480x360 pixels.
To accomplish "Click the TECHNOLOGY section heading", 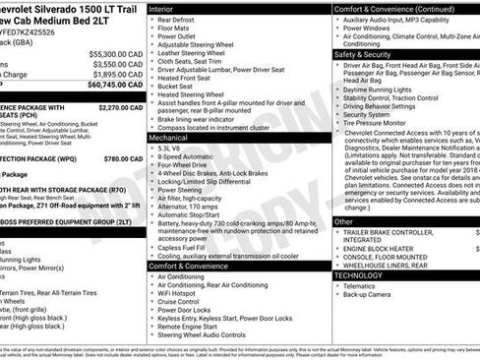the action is (x=360, y=276).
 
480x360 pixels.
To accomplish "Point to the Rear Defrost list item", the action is (x=178, y=19).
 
